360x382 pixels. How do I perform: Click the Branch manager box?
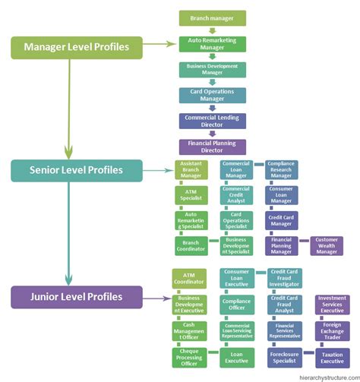(x=212, y=18)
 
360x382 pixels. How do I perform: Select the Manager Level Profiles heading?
(x=76, y=48)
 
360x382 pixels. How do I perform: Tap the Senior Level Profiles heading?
(x=77, y=170)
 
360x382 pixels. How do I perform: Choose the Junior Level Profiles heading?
(x=77, y=297)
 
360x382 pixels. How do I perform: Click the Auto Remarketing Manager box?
(x=212, y=44)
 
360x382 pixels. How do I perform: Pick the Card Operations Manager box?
(x=212, y=95)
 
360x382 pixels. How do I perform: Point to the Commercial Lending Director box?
(x=212, y=121)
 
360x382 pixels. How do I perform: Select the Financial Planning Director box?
(x=212, y=146)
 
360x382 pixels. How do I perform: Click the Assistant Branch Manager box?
(x=191, y=169)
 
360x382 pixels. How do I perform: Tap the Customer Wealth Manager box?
(x=327, y=245)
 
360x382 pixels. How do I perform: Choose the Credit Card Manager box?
(x=281, y=220)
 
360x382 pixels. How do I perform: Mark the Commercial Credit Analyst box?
(x=235, y=194)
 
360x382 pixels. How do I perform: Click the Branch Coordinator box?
(x=191, y=245)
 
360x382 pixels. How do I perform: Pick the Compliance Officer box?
(x=235, y=304)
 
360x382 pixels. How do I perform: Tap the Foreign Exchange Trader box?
(x=332, y=330)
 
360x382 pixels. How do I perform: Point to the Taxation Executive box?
(x=332, y=355)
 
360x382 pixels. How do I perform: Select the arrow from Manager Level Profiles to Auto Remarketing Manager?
(x=160, y=45)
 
